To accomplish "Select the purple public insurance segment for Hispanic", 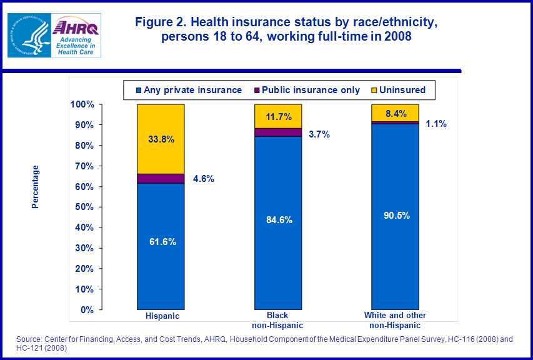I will tap(161, 179).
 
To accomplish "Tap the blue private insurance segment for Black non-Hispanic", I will tap(278, 250).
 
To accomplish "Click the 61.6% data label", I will tap(161, 242).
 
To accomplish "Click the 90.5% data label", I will tap(395, 216).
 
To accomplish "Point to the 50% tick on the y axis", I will tap(84, 207).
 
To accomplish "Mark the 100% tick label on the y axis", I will tap(81, 104).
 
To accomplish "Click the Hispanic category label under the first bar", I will tap(162, 316).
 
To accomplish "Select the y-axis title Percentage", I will tap(36, 187).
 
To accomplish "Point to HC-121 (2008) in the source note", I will tap(41, 347).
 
